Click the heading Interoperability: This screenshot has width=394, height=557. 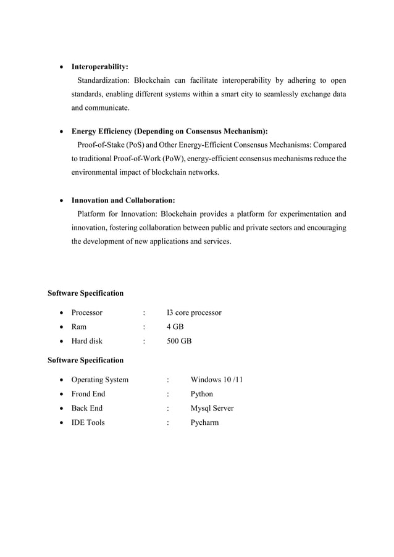(x=100, y=67)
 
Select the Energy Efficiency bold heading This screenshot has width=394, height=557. (x=169, y=132)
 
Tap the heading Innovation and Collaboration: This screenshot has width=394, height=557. (x=123, y=201)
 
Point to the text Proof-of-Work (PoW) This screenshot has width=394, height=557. (x=143, y=159)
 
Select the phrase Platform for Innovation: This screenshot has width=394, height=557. (x=117, y=214)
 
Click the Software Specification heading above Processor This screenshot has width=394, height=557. (x=86, y=293)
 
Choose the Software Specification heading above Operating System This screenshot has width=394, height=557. (x=86, y=360)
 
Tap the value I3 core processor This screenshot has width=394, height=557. (x=194, y=312)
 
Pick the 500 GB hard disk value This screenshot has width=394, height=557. (x=179, y=341)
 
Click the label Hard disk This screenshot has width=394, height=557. (x=87, y=341)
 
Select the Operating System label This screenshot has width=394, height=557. (x=100, y=380)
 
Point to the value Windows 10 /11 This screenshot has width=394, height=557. (x=216, y=380)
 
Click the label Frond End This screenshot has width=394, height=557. (x=88, y=394)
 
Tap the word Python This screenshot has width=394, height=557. (x=202, y=394)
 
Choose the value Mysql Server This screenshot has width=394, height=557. (x=212, y=408)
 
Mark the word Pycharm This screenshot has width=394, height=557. (x=204, y=422)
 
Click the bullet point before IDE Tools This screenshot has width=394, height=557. (x=62, y=423)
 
